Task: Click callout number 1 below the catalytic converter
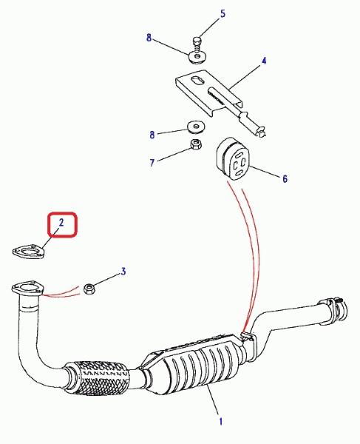click(x=220, y=421)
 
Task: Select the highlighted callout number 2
click(x=61, y=222)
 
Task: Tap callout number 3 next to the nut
click(x=123, y=272)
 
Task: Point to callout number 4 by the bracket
click(x=264, y=61)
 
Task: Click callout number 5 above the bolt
click(x=223, y=13)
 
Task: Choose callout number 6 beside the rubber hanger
click(x=285, y=178)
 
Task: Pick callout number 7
click(x=152, y=163)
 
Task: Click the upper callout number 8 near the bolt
click(x=149, y=38)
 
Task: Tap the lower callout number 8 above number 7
click(x=152, y=135)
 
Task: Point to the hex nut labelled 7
click(x=195, y=144)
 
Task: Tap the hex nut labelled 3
click(x=90, y=289)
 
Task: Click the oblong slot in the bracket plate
click(x=197, y=80)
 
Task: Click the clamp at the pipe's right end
click(x=336, y=309)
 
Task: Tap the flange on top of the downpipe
click(x=28, y=289)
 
